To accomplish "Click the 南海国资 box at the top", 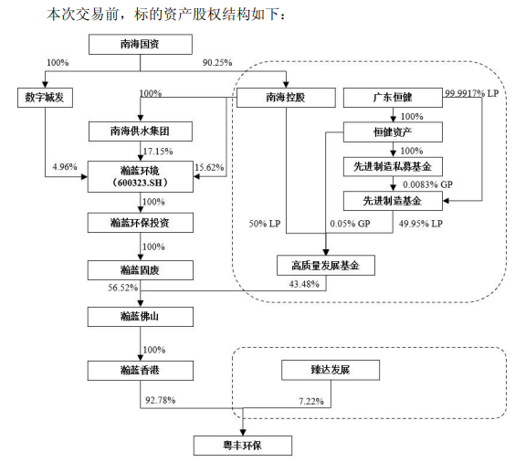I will click(x=141, y=44).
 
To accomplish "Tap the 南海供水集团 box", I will click(x=141, y=131).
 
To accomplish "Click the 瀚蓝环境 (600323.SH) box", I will click(x=141, y=175).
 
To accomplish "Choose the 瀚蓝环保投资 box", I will click(x=141, y=222).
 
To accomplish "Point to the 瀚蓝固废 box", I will click(x=141, y=269).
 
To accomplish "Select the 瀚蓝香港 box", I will click(x=141, y=370).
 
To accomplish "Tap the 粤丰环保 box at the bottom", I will click(x=244, y=445).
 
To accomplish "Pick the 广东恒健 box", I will click(x=393, y=97).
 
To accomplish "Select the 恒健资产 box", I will click(x=393, y=132).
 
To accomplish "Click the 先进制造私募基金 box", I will click(x=393, y=167).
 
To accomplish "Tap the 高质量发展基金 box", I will click(x=326, y=265).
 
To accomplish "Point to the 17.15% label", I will click(x=158, y=151).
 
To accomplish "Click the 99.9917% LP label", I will click(x=473, y=93).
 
